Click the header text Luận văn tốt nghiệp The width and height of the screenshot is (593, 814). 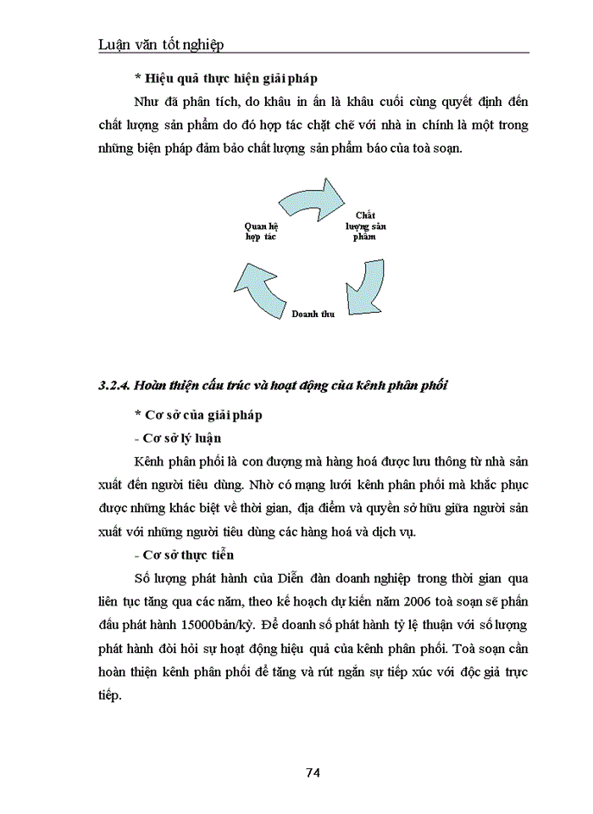[x=162, y=44]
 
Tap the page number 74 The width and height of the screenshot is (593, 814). [x=313, y=772]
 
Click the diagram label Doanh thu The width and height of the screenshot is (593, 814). [x=313, y=314]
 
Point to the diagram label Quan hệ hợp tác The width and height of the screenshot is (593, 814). [x=261, y=231]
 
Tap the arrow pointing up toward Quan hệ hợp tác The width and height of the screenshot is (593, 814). [x=258, y=285]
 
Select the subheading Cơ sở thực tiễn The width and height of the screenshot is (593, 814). [x=184, y=555]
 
